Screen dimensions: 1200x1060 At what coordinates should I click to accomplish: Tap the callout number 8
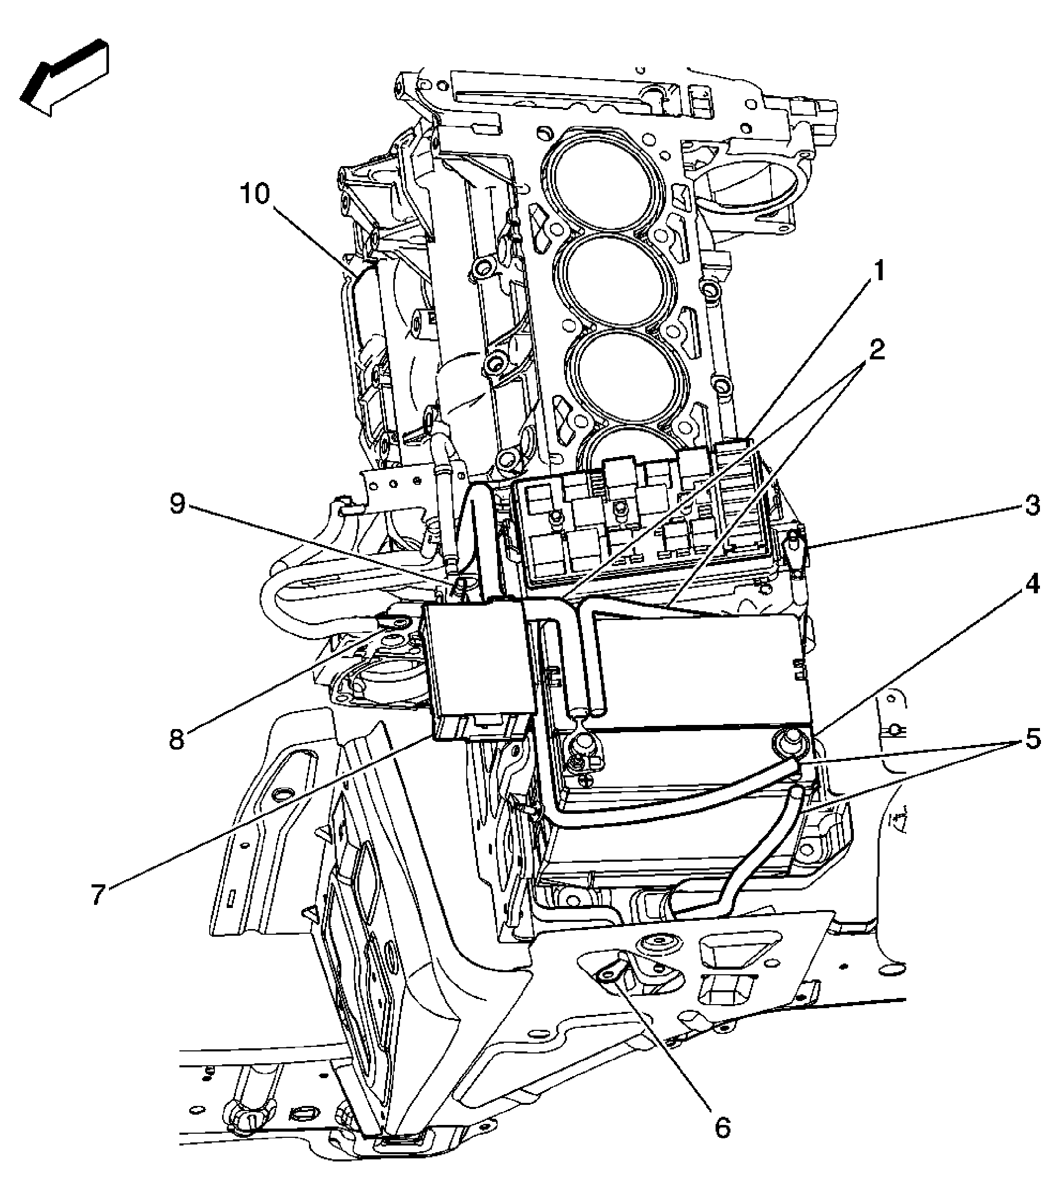[x=177, y=739]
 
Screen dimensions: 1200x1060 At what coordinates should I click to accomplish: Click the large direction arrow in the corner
[x=65, y=76]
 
